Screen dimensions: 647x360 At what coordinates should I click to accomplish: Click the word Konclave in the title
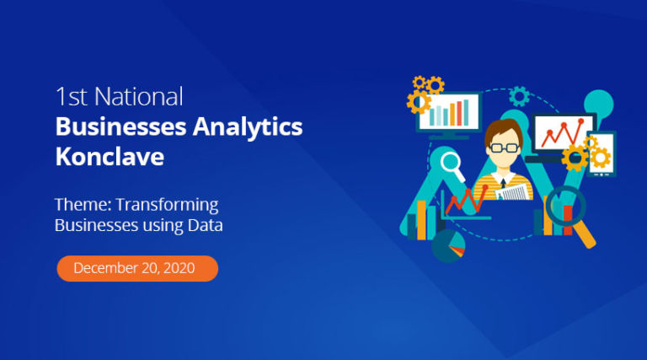[110, 157]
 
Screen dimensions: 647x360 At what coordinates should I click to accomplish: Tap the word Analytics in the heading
[248, 127]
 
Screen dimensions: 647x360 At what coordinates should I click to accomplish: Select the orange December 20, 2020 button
[137, 268]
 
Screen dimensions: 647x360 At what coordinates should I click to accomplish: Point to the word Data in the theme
[205, 225]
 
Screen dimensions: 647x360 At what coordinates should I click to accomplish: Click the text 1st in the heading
[71, 97]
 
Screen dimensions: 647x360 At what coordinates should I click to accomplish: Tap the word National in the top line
[139, 97]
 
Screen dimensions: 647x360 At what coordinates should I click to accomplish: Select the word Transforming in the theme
[167, 205]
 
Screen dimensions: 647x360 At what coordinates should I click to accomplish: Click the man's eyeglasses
[505, 148]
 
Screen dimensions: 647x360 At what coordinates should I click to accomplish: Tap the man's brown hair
[503, 129]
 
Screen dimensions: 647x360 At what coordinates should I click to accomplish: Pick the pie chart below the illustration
[448, 245]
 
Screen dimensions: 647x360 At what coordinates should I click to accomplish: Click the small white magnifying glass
[452, 165]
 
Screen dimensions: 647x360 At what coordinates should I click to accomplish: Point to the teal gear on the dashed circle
[519, 97]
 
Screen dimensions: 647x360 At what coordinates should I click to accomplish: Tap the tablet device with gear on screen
[602, 154]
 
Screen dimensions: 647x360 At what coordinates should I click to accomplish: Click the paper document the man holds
[513, 193]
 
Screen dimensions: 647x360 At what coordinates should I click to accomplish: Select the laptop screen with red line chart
[564, 133]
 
